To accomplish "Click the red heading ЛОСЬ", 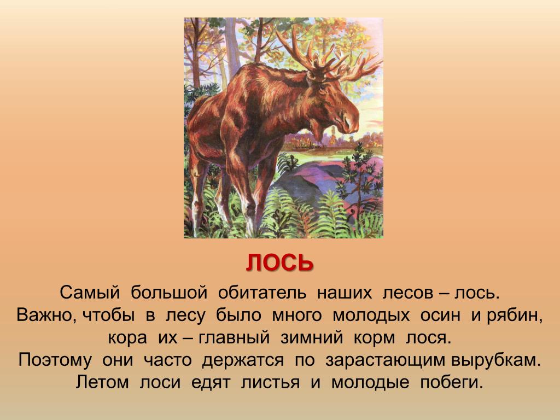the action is [x=279, y=262].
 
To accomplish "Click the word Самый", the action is [x=89, y=293].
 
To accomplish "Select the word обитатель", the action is [x=262, y=293].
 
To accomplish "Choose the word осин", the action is [x=440, y=316].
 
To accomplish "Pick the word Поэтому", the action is [x=55, y=360].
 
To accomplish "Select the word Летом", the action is [x=102, y=382].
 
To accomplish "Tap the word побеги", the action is [x=452, y=382].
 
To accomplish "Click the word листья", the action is [x=270, y=382].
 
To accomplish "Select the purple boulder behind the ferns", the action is [x=307, y=182].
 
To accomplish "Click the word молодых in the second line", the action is [x=371, y=316].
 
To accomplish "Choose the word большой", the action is [x=168, y=293].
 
